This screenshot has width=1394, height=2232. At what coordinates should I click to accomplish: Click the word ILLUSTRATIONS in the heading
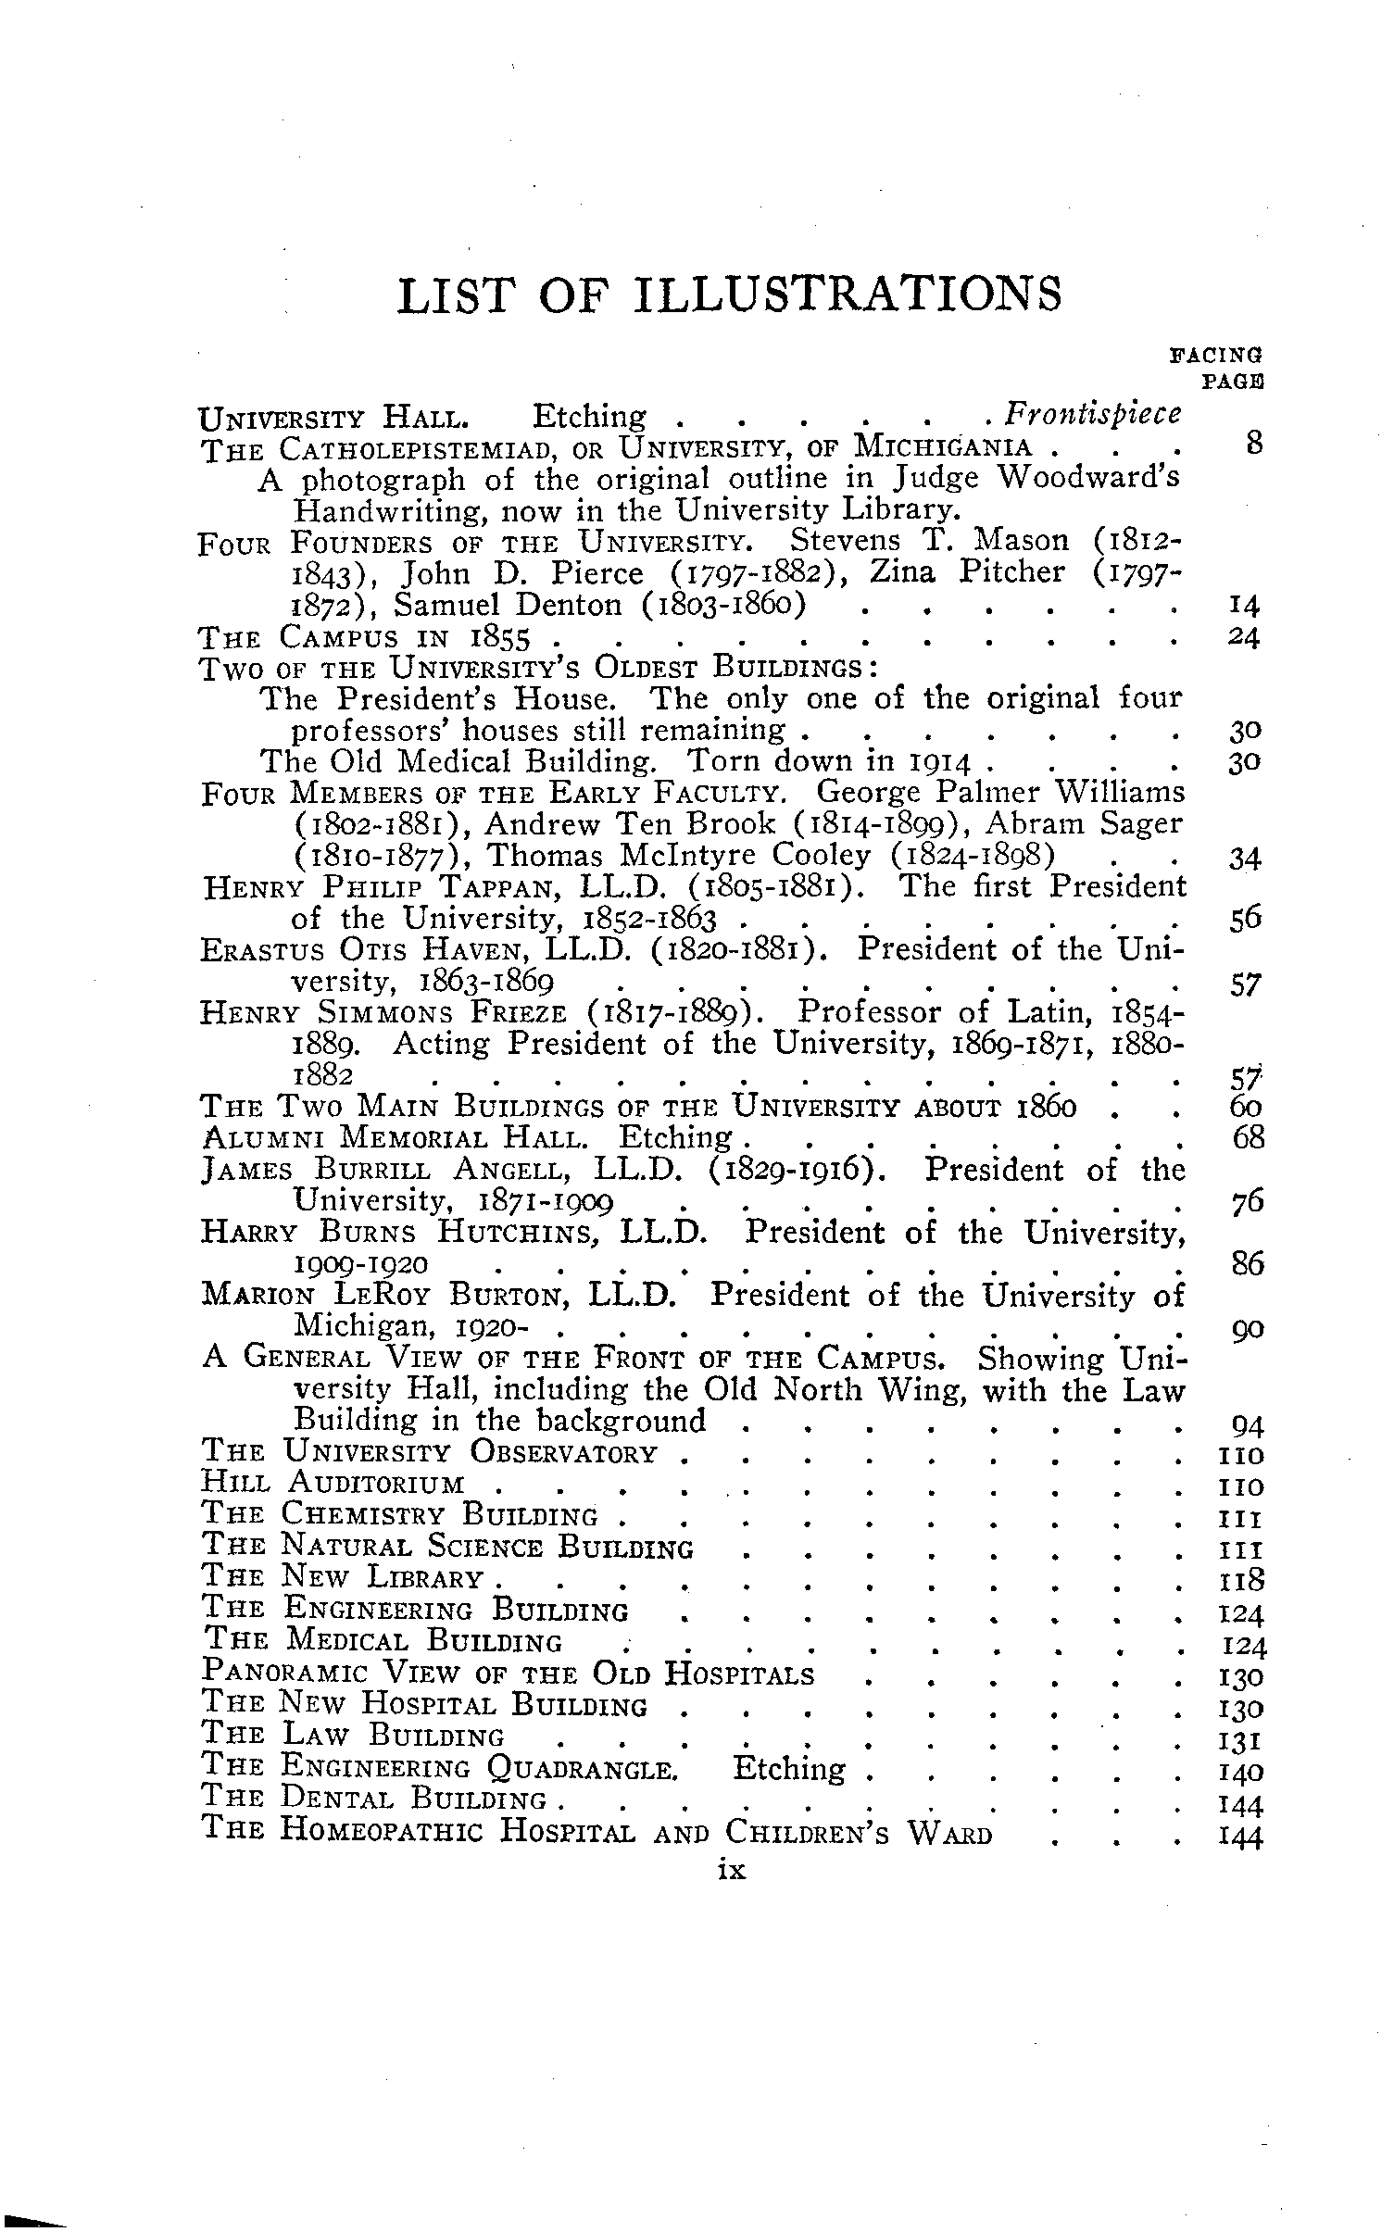coord(848,295)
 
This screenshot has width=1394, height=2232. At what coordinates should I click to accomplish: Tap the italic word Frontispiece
coord(1094,414)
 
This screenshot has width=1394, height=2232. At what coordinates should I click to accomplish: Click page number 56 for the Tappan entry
coord(1247,921)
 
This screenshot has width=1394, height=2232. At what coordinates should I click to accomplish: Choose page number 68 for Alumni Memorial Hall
coord(1248,1138)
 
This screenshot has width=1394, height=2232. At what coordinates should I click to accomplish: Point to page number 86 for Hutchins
coord(1248,1264)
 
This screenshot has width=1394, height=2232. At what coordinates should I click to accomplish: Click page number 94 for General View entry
coord(1248,1424)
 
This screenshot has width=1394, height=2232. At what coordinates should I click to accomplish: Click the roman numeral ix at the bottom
coord(732,1870)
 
